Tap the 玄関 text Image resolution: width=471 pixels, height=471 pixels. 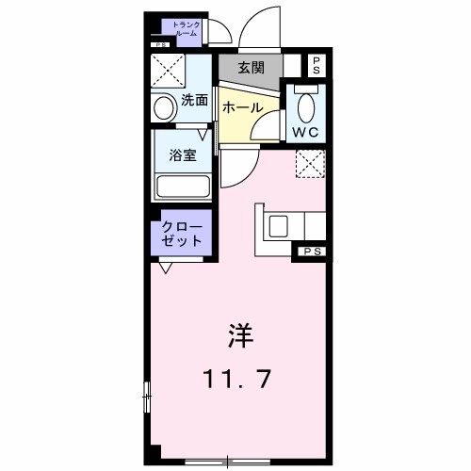[x=250, y=68]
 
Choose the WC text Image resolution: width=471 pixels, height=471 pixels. [x=305, y=132]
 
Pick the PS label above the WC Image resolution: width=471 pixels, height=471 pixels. [x=317, y=66]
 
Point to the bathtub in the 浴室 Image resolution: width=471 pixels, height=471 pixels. [x=183, y=185]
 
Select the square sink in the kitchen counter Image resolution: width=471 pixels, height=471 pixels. [x=281, y=226]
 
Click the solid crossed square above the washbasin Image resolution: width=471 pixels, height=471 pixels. [x=171, y=72]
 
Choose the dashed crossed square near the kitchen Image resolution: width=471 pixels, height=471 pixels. [x=310, y=163]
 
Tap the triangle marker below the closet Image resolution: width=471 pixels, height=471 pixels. [x=166, y=268]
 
